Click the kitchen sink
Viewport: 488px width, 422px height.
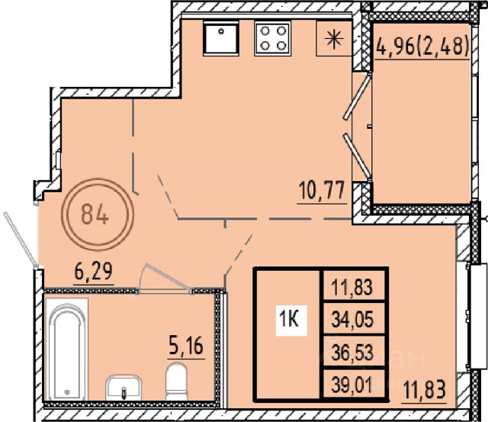[221, 38]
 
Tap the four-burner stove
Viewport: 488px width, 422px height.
[273, 38]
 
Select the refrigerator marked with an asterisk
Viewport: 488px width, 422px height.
[334, 38]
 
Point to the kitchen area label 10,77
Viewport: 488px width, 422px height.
[322, 191]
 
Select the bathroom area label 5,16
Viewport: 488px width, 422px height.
[186, 346]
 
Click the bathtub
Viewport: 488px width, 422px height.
[66, 349]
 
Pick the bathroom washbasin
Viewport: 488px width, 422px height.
[124, 388]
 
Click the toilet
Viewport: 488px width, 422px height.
[176, 382]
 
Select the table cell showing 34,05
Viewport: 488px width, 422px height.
[352, 320]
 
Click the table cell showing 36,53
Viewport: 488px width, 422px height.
[352, 353]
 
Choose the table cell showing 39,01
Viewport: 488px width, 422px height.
[352, 386]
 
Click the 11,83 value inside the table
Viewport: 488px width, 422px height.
[352, 286]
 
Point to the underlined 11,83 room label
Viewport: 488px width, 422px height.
[425, 390]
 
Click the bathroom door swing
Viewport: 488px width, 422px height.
[164, 278]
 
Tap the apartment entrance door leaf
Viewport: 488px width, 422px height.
[21, 239]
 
